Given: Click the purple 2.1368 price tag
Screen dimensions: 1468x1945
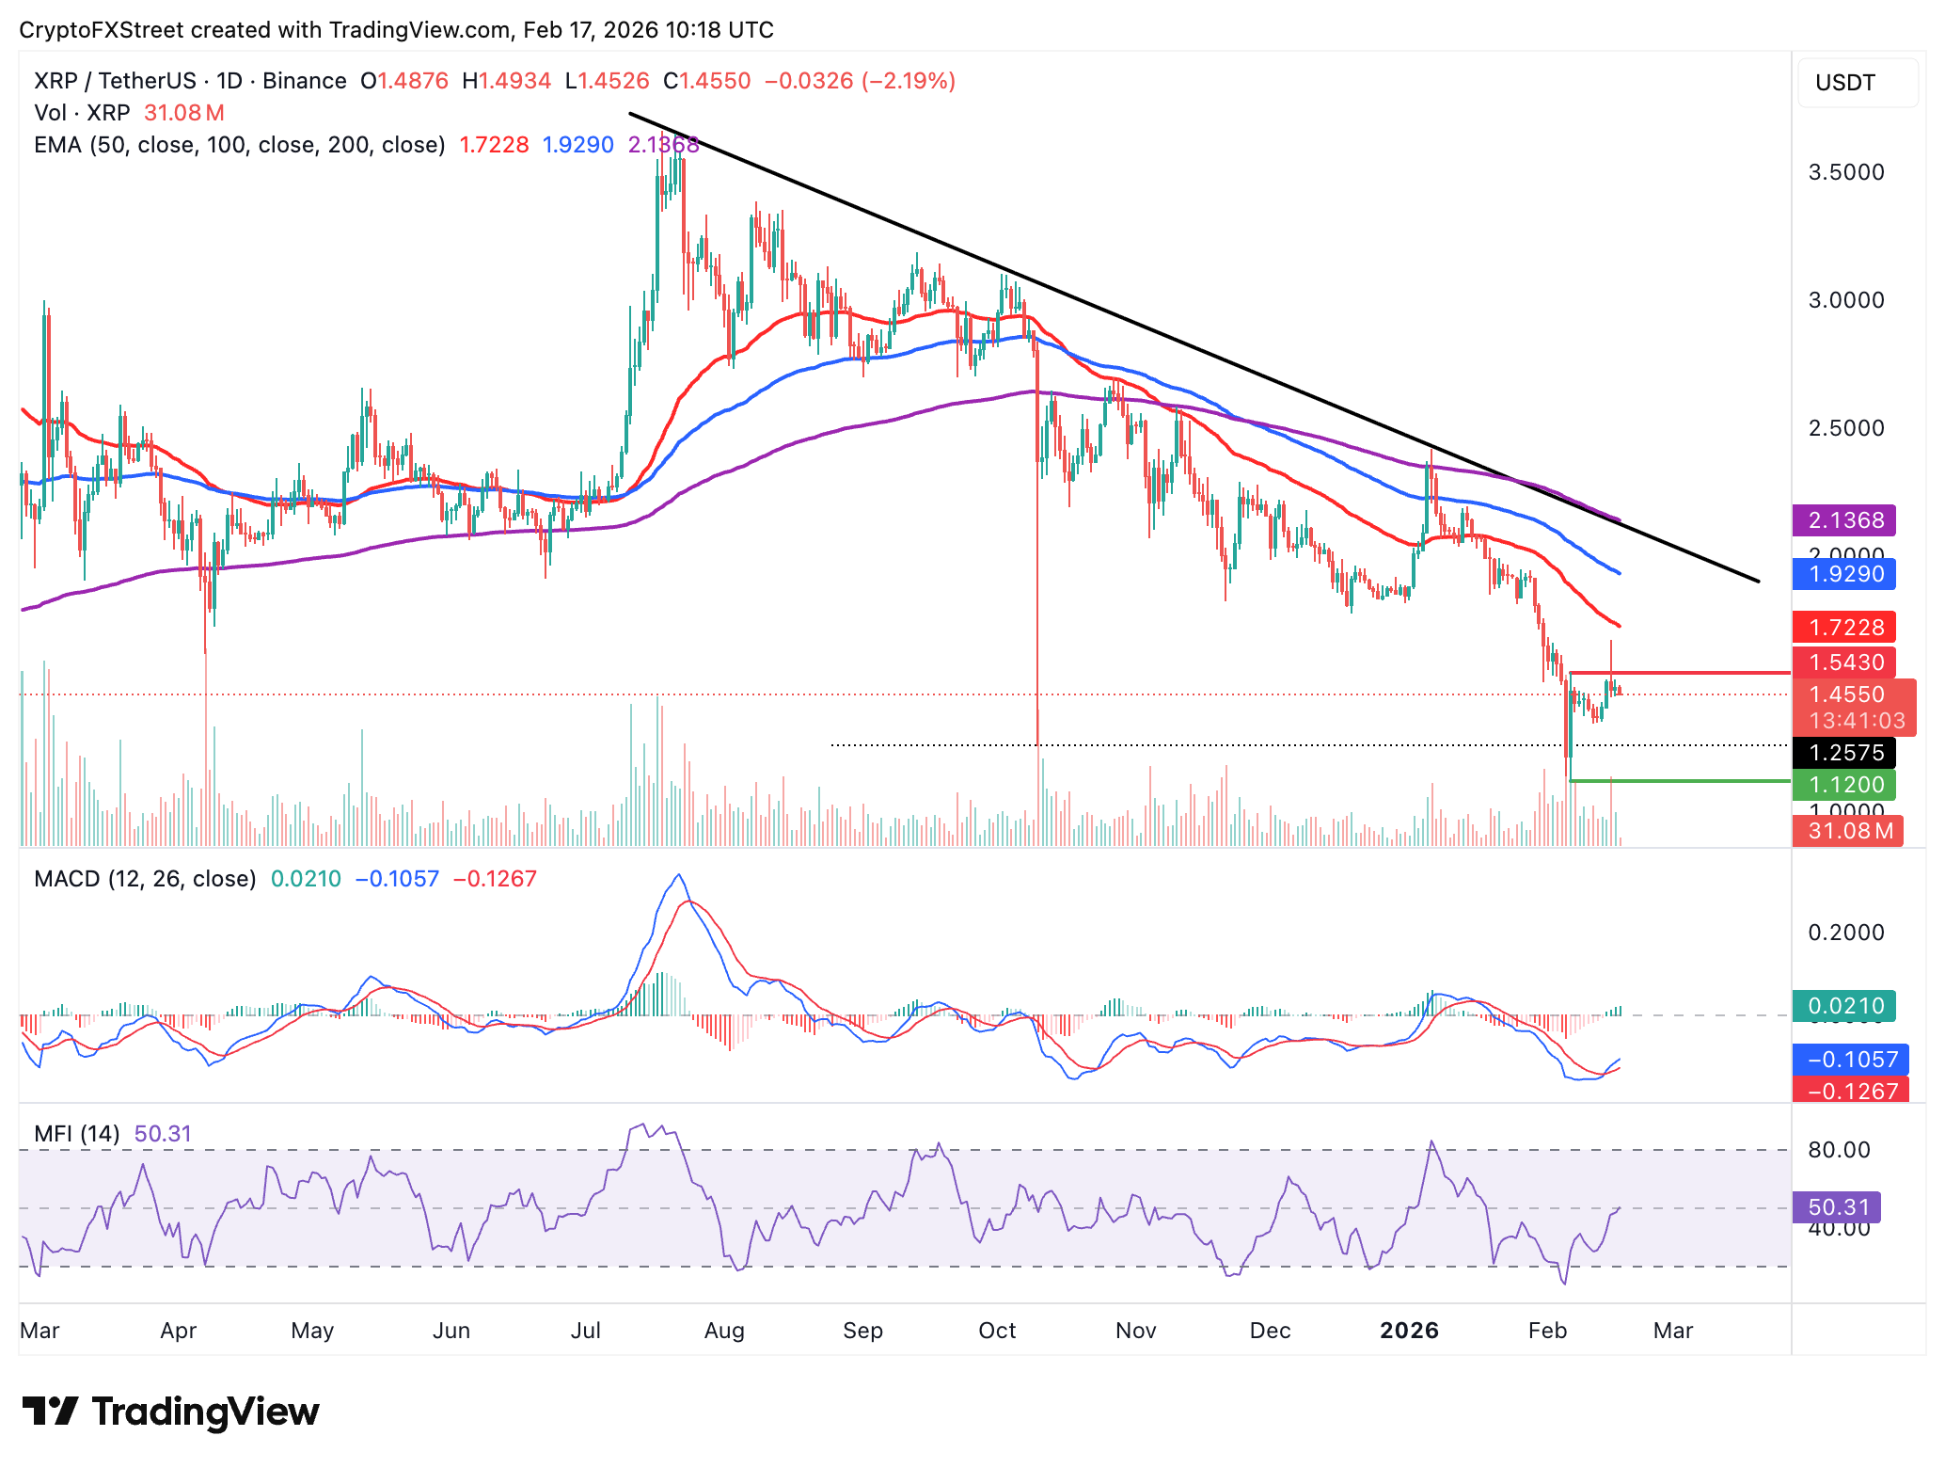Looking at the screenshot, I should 1843,520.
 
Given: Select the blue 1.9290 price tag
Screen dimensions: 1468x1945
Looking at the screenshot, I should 1843,574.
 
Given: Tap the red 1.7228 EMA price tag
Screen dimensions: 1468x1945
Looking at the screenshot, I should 1843,628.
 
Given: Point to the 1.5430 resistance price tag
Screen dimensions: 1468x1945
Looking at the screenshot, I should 1843,662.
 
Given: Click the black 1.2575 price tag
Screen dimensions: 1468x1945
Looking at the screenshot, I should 1843,753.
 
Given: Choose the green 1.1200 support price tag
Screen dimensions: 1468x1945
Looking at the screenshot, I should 1843,785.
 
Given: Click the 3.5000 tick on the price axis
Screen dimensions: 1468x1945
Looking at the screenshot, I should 1846,172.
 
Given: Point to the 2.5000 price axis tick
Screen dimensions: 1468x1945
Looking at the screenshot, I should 1846,428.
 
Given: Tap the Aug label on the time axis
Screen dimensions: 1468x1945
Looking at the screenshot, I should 724,1331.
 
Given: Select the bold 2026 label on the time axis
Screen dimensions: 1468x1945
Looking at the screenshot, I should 1409,1331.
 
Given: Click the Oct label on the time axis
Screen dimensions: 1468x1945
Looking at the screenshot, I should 997,1331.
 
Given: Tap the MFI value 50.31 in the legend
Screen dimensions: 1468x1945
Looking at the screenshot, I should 163,1134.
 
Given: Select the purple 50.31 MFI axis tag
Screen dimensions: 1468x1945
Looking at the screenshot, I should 1836,1207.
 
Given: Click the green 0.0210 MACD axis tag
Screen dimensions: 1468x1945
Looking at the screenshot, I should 1843,1006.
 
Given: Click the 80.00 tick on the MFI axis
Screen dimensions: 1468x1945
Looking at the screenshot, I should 1839,1150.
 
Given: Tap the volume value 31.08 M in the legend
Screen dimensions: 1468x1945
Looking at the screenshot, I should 184,113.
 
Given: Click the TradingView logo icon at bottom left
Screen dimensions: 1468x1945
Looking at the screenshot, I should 51,1412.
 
